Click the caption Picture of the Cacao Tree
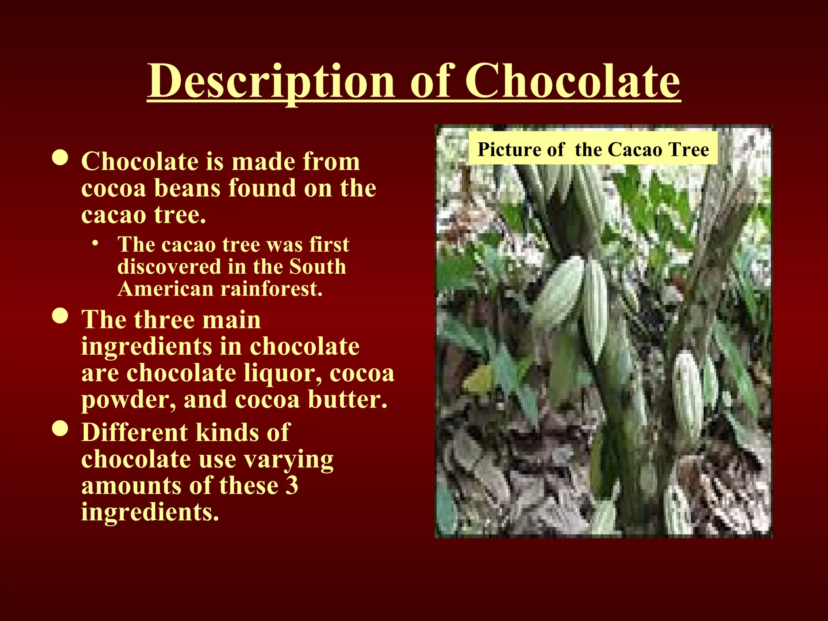click(593, 149)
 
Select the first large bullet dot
click(60, 158)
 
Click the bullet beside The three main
click(60, 317)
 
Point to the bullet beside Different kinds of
click(60, 429)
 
